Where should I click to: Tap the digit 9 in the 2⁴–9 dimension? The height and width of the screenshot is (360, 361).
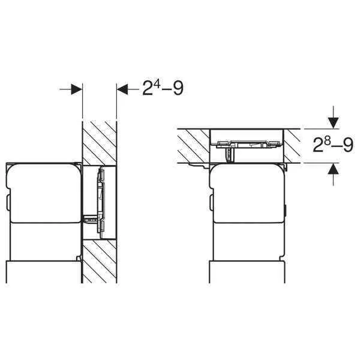tap(178, 88)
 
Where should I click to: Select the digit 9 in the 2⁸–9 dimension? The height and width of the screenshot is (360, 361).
tap(348, 145)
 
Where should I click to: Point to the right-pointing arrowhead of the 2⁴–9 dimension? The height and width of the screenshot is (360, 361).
tap(76, 89)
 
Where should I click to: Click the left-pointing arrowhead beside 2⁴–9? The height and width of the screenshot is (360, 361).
tap(122, 89)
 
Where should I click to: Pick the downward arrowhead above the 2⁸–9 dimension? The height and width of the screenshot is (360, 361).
tap(333, 123)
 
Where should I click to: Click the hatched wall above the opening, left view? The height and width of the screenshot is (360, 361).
tap(100, 143)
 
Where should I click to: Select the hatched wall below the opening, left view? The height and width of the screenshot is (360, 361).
tap(100, 262)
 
